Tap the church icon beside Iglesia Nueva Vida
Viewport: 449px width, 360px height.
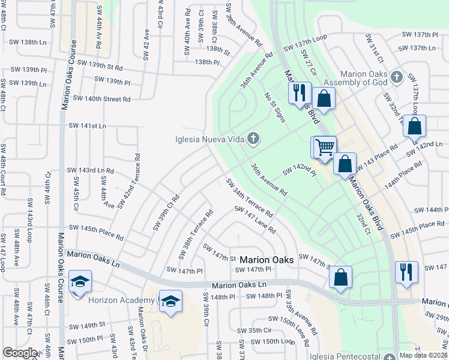click(x=253, y=140)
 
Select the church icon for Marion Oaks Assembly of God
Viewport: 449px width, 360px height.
click(x=396, y=77)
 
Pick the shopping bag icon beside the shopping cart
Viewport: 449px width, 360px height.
click(x=345, y=164)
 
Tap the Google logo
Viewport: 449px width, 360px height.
click(x=20, y=353)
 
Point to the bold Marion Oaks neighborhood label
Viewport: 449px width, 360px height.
click(x=267, y=260)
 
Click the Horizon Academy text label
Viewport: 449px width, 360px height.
click(x=121, y=300)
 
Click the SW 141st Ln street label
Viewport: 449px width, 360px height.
click(x=87, y=125)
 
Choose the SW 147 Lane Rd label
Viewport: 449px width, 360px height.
click(x=255, y=220)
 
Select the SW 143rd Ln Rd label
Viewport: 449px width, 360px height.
click(x=90, y=171)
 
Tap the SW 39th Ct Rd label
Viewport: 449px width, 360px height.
click(x=166, y=212)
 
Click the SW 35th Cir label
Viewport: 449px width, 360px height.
click(x=255, y=330)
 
